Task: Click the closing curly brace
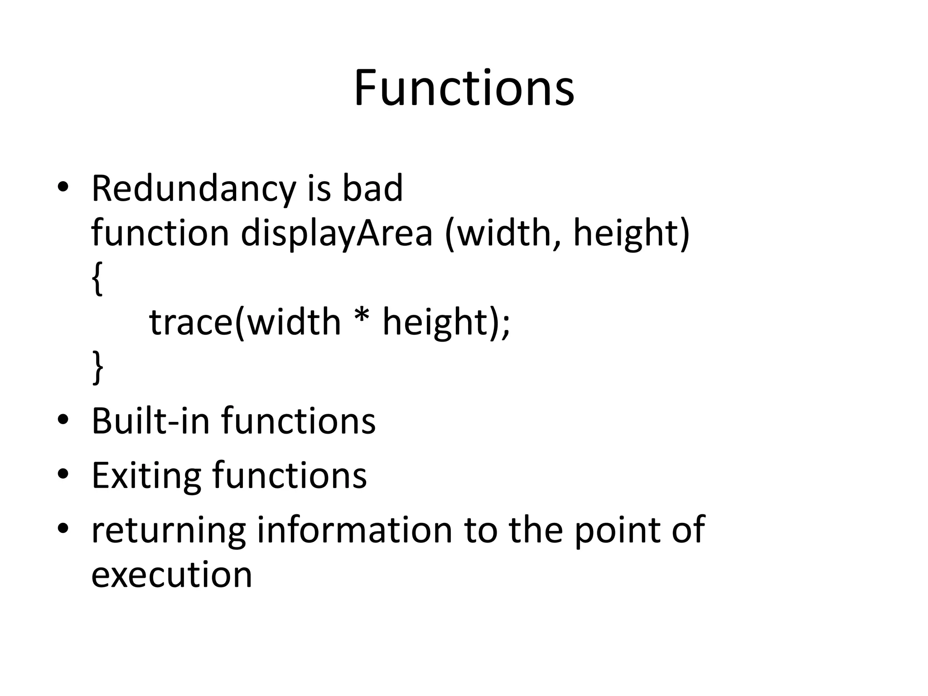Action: coord(97,367)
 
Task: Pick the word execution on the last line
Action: coord(171,575)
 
